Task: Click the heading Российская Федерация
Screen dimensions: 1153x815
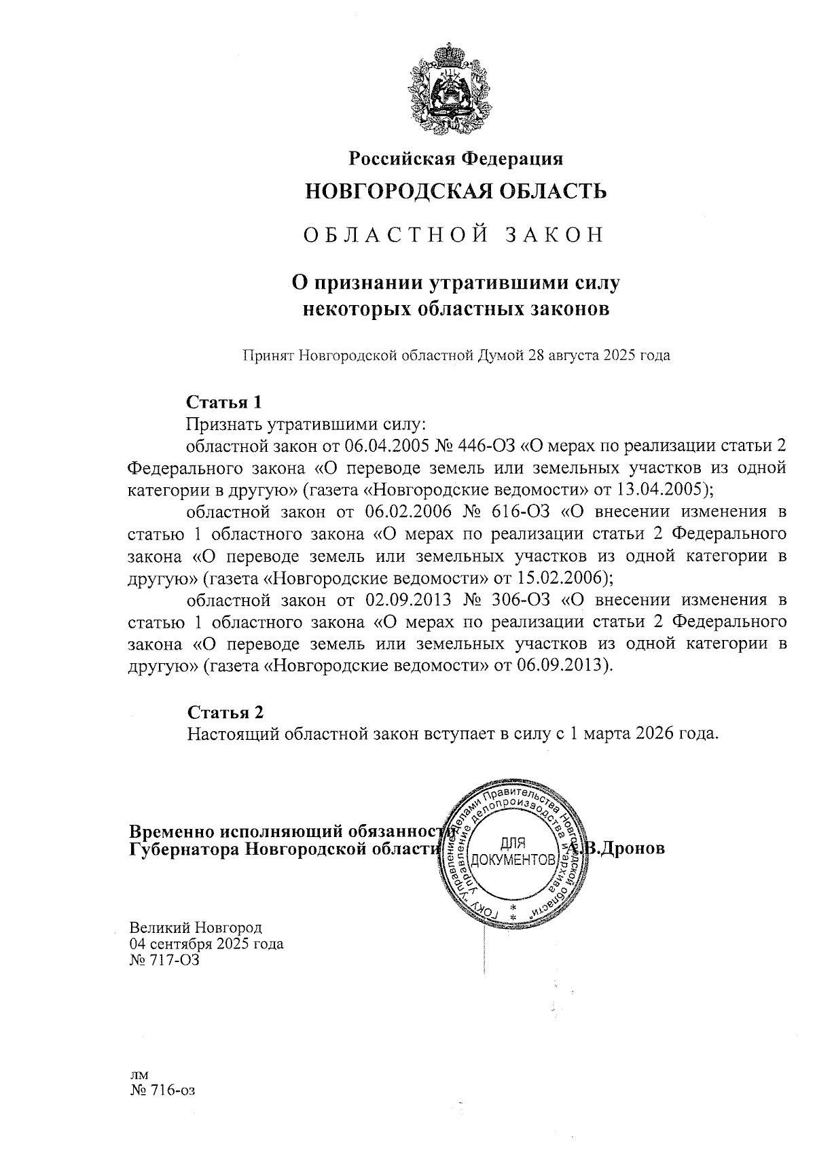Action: click(456, 159)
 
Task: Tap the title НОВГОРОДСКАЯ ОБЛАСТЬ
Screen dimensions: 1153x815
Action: click(456, 192)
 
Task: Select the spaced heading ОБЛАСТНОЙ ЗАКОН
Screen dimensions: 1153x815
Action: click(453, 235)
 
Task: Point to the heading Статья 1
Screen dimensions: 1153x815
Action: click(224, 402)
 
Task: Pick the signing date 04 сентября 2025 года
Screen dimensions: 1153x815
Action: click(206, 944)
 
